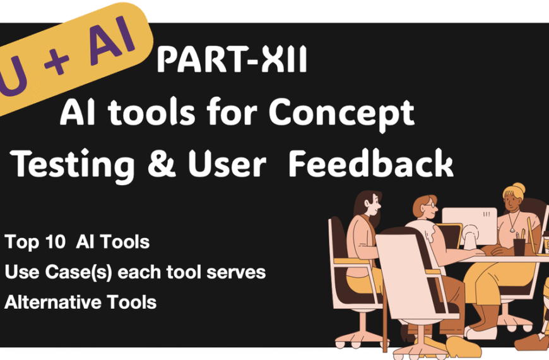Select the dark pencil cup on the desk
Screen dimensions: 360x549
pos(519,246)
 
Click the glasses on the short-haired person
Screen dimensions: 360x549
pos(428,208)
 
